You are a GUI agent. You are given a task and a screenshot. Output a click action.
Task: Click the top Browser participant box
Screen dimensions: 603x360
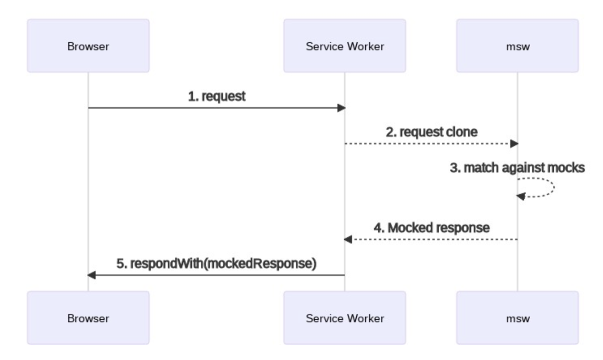pyautogui.click(x=88, y=46)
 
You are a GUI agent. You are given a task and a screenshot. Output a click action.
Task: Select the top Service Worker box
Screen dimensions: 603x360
pyautogui.click(x=345, y=46)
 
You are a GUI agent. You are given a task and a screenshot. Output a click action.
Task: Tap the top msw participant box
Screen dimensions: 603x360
pyautogui.click(x=518, y=46)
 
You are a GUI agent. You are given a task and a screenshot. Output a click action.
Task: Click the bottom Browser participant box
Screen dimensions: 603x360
pyautogui.click(x=88, y=318)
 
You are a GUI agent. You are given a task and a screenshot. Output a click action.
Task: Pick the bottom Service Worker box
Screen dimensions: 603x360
pyautogui.click(x=345, y=318)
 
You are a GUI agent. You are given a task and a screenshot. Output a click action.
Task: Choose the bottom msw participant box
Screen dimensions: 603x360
pyautogui.click(x=518, y=318)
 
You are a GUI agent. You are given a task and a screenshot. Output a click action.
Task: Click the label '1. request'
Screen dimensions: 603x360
pyautogui.click(x=217, y=97)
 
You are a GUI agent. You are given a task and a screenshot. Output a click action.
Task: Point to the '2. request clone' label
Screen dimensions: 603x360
pyautogui.click(x=432, y=132)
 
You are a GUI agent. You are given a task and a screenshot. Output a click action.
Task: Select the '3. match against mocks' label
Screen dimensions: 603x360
pyautogui.click(x=518, y=168)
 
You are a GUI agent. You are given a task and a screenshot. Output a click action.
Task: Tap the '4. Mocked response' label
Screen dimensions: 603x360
pyautogui.click(x=432, y=228)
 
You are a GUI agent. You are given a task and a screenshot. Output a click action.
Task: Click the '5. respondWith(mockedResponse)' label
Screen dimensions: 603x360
pyautogui.click(x=217, y=263)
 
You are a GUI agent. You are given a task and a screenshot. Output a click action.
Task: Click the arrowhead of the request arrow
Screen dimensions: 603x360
pyautogui.click(x=341, y=108)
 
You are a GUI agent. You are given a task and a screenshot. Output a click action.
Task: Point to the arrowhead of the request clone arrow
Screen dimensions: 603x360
pyautogui.click(x=514, y=143)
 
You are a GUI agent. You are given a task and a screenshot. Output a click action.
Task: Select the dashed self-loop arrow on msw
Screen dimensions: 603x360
pyautogui.click(x=554, y=187)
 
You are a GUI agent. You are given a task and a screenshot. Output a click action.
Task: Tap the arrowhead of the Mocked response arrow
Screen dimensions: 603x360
pyautogui.click(x=348, y=239)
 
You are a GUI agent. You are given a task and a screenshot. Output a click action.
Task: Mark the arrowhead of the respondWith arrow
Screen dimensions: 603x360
pyautogui.click(x=91, y=275)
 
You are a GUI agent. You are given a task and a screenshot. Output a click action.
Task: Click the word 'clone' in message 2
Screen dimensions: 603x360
pyautogui.click(x=462, y=132)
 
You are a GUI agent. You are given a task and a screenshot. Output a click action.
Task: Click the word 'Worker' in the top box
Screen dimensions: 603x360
pyautogui.click(x=366, y=46)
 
